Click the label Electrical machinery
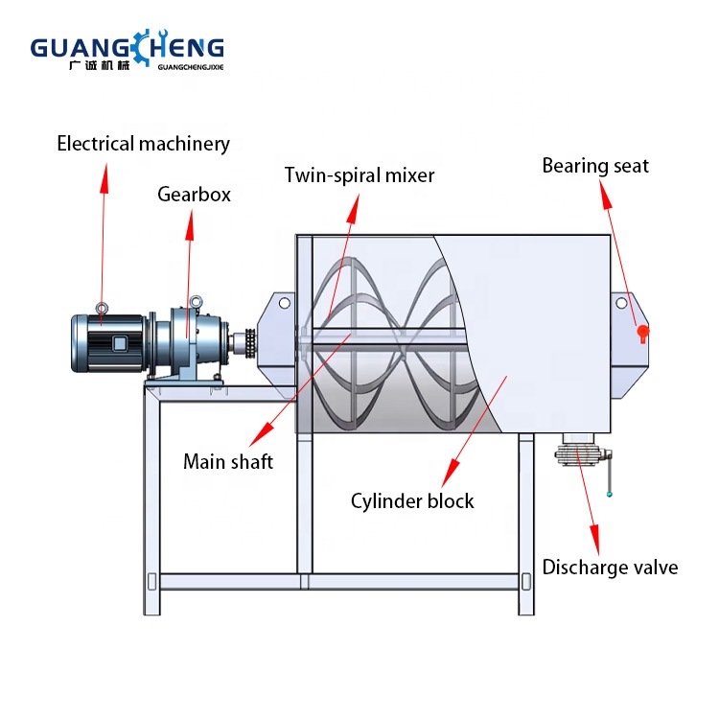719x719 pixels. (x=144, y=145)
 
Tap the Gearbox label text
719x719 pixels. (x=195, y=195)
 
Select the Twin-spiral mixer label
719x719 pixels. (x=359, y=175)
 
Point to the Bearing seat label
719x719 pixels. (x=595, y=166)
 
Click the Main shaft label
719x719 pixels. (x=228, y=462)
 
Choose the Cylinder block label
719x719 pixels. (x=412, y=500)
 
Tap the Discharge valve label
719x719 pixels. (x=610, y=567)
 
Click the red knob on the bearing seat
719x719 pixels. (x=644, y=333)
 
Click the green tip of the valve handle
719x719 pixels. (x=609, y=495)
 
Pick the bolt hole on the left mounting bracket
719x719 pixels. (x=284, y=303)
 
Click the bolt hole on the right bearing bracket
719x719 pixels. (x=621, y=303)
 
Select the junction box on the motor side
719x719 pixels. (x=120, y=343)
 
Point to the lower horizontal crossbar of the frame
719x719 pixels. (x=336, y=581)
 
